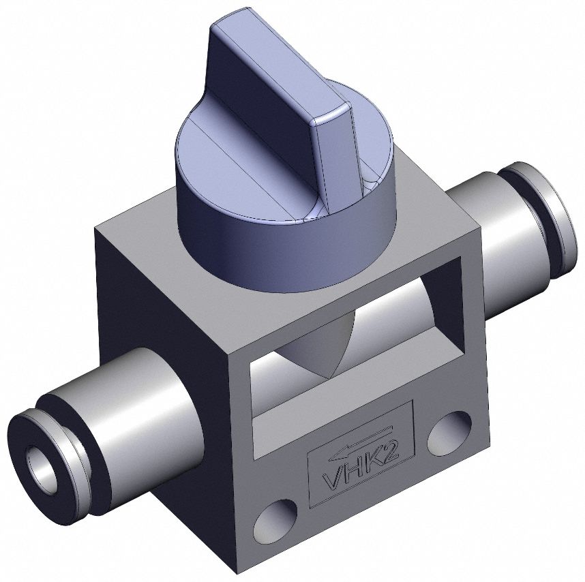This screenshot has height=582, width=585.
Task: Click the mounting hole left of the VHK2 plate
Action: tap(275, 519)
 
